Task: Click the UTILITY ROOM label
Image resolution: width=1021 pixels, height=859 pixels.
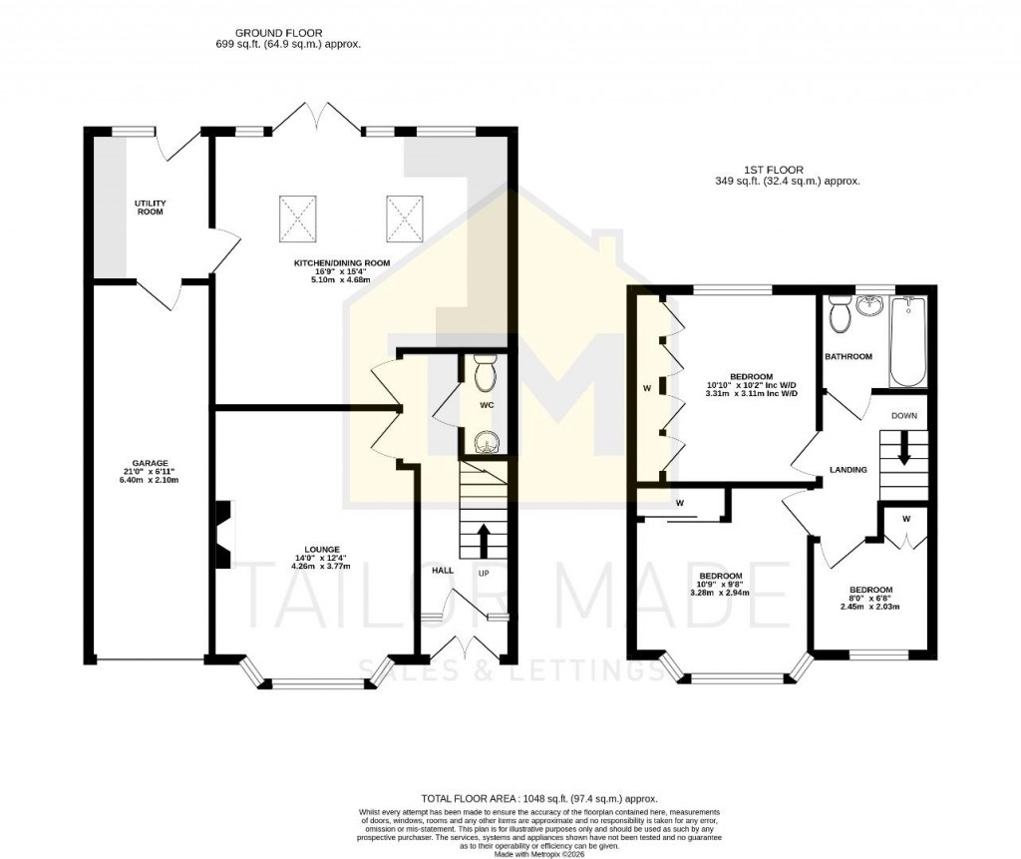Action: click(151, 208)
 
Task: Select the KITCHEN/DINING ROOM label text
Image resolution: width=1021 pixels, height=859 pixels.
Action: click(341, 263)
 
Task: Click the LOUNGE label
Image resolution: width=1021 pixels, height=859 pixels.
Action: click(323, 549)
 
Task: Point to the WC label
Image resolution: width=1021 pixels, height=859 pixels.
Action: click(487, 406)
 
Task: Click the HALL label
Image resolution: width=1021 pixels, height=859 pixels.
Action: click(443, 571)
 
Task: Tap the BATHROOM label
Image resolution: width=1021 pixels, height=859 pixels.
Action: click(848, 356)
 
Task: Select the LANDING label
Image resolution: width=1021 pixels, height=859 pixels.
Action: click(848, 470)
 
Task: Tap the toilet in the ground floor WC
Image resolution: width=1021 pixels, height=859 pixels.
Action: click(486, 373)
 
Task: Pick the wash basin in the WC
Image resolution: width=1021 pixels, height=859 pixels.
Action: click(486, 440)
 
